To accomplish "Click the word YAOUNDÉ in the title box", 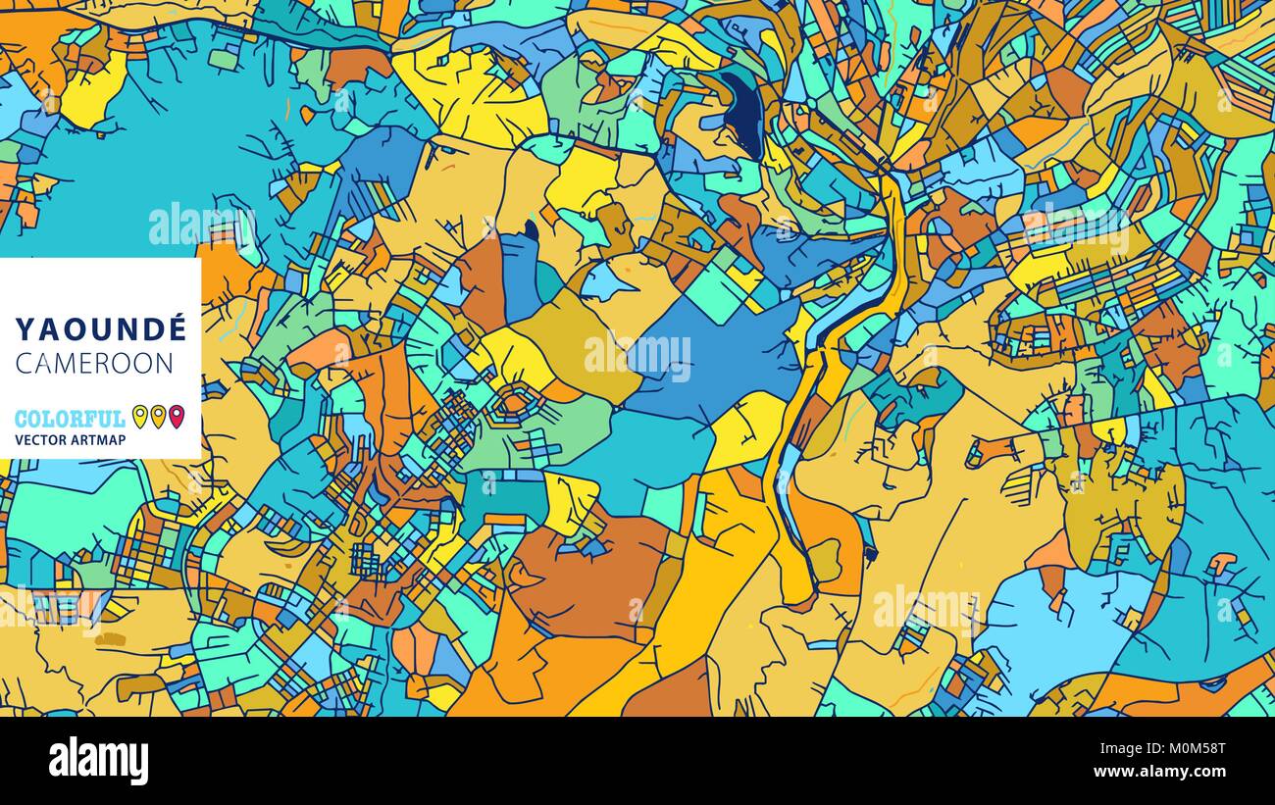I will click(100, 328).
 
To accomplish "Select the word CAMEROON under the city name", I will click(94, 363).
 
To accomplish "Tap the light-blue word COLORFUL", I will click(70, 419).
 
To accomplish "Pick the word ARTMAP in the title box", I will click(101, 440).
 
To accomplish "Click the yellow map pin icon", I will click(139, 417).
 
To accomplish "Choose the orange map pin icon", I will click(158, 417).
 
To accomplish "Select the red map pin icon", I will click(177, 417).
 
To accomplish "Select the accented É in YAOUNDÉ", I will click(175, 327).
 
